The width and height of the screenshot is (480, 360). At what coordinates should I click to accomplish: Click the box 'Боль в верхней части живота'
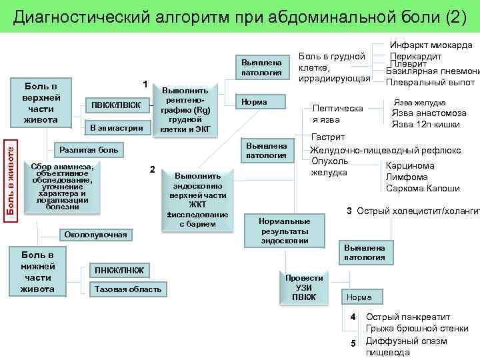tap(41, 103)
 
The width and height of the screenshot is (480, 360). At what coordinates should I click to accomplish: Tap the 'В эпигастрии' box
tap(116, 127)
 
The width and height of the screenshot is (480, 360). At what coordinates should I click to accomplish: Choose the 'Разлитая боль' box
tap(89, 150)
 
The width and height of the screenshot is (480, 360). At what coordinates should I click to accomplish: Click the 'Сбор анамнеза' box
tap(62, 187)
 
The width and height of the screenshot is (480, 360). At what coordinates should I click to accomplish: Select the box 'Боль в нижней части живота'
tap(37, 272)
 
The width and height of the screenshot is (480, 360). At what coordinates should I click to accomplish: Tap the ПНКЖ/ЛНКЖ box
tap(118, 270)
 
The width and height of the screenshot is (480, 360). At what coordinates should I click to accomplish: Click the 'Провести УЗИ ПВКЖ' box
tap(303, 287)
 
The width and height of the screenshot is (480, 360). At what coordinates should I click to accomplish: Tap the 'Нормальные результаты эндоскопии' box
tap(285, 231)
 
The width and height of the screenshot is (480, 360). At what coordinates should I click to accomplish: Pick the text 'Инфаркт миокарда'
tap(431, 45)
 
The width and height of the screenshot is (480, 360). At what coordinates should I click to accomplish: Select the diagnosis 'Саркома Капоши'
tap(423, 188)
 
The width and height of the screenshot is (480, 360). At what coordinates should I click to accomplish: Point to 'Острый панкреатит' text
tap(408, 317)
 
